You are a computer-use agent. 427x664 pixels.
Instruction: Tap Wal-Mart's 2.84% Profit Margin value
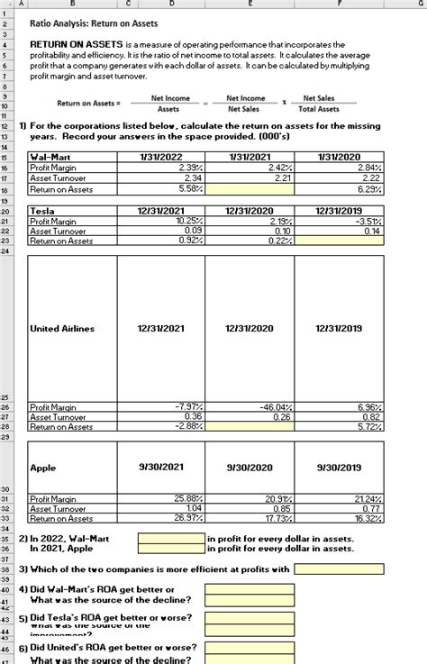(x=340, y=167)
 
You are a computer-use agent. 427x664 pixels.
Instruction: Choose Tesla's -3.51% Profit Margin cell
(x=340, y=221)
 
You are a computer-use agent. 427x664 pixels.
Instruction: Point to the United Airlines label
(x=62, y=329)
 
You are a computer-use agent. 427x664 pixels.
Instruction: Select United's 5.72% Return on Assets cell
(x=340, y=427)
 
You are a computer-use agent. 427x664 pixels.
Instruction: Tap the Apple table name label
(x=44, y=468)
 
